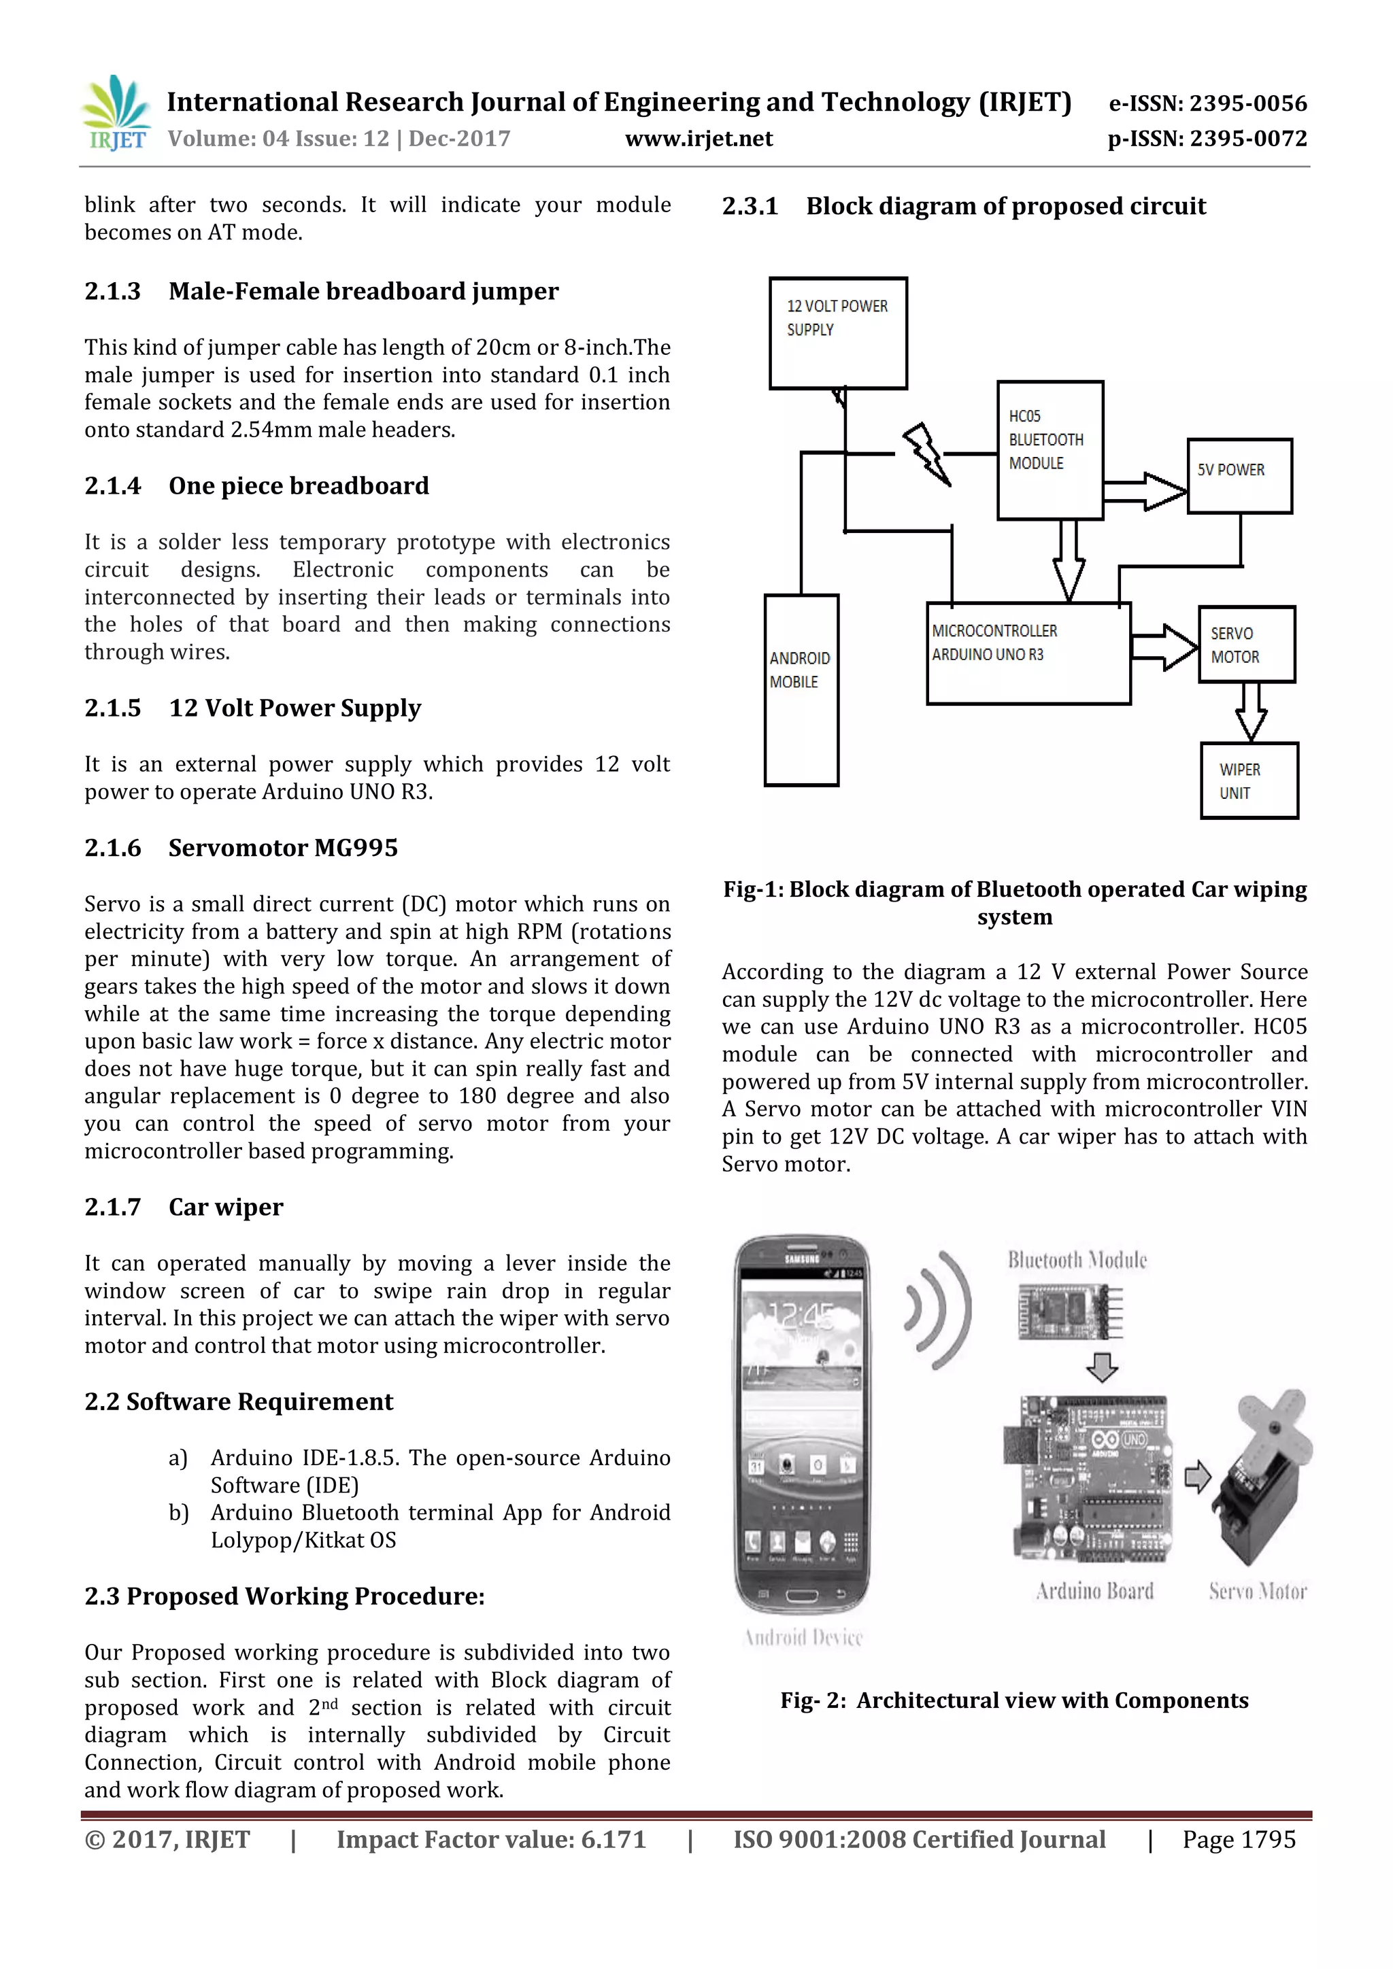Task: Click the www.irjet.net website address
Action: [x=699, y=138]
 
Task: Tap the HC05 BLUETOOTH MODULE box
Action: [x=1050, y=449]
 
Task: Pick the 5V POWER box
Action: [x=1239, y=476]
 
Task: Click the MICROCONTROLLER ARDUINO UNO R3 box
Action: [x=1028, y=653]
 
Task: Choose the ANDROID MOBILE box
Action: [x=801, y=689]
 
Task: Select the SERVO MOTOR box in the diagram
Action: [x=1246, y=644]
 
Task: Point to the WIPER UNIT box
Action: [x=1249, y=781]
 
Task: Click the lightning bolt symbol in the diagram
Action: [x=926, y=453]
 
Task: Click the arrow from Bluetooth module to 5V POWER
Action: [x=1145, y=490]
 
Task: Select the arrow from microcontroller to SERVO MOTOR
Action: [x=1164, y=646]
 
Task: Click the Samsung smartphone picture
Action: [x=802, y=1424]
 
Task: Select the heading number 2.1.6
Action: [x=112, y=847]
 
